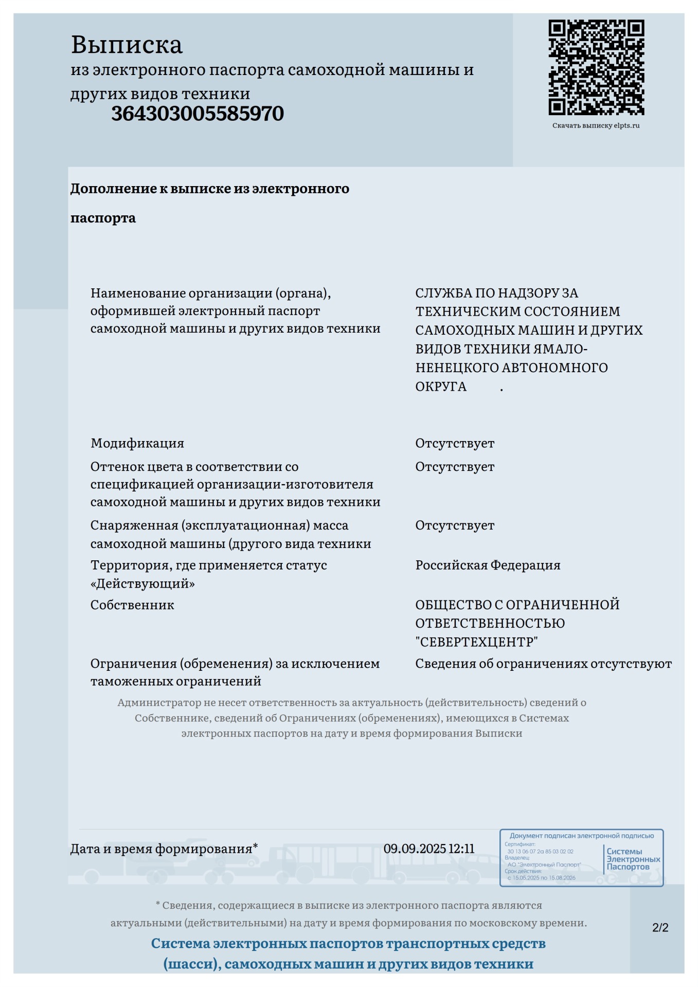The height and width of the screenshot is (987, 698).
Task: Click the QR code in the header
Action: [596, 67]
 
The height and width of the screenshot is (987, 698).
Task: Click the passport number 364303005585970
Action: [197, 114]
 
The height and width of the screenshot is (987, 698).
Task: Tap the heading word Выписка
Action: [127, 45]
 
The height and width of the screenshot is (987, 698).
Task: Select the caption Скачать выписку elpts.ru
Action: [596, 125]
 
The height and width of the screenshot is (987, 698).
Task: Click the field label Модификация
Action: [137, 443]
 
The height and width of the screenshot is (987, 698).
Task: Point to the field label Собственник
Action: [132, 605]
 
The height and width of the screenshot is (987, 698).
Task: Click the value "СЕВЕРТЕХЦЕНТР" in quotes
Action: [476, 642]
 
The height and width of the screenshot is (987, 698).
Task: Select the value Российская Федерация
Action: [488, 565]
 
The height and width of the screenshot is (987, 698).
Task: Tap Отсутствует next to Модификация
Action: [455, 443]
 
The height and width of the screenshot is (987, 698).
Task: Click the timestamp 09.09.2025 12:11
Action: [429, 849]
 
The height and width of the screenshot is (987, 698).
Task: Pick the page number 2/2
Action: [660, 927]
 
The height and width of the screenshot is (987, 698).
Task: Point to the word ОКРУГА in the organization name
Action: [441, 387]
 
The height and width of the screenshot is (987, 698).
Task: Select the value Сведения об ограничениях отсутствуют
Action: [543, 664]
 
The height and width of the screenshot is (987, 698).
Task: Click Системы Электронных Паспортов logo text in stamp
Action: [633, 859]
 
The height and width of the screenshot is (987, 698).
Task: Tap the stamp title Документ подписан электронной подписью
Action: [581, 836]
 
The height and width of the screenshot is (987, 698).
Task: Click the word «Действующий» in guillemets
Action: [142, 584]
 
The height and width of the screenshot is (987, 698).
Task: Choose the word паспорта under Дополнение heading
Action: [103, 218]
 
